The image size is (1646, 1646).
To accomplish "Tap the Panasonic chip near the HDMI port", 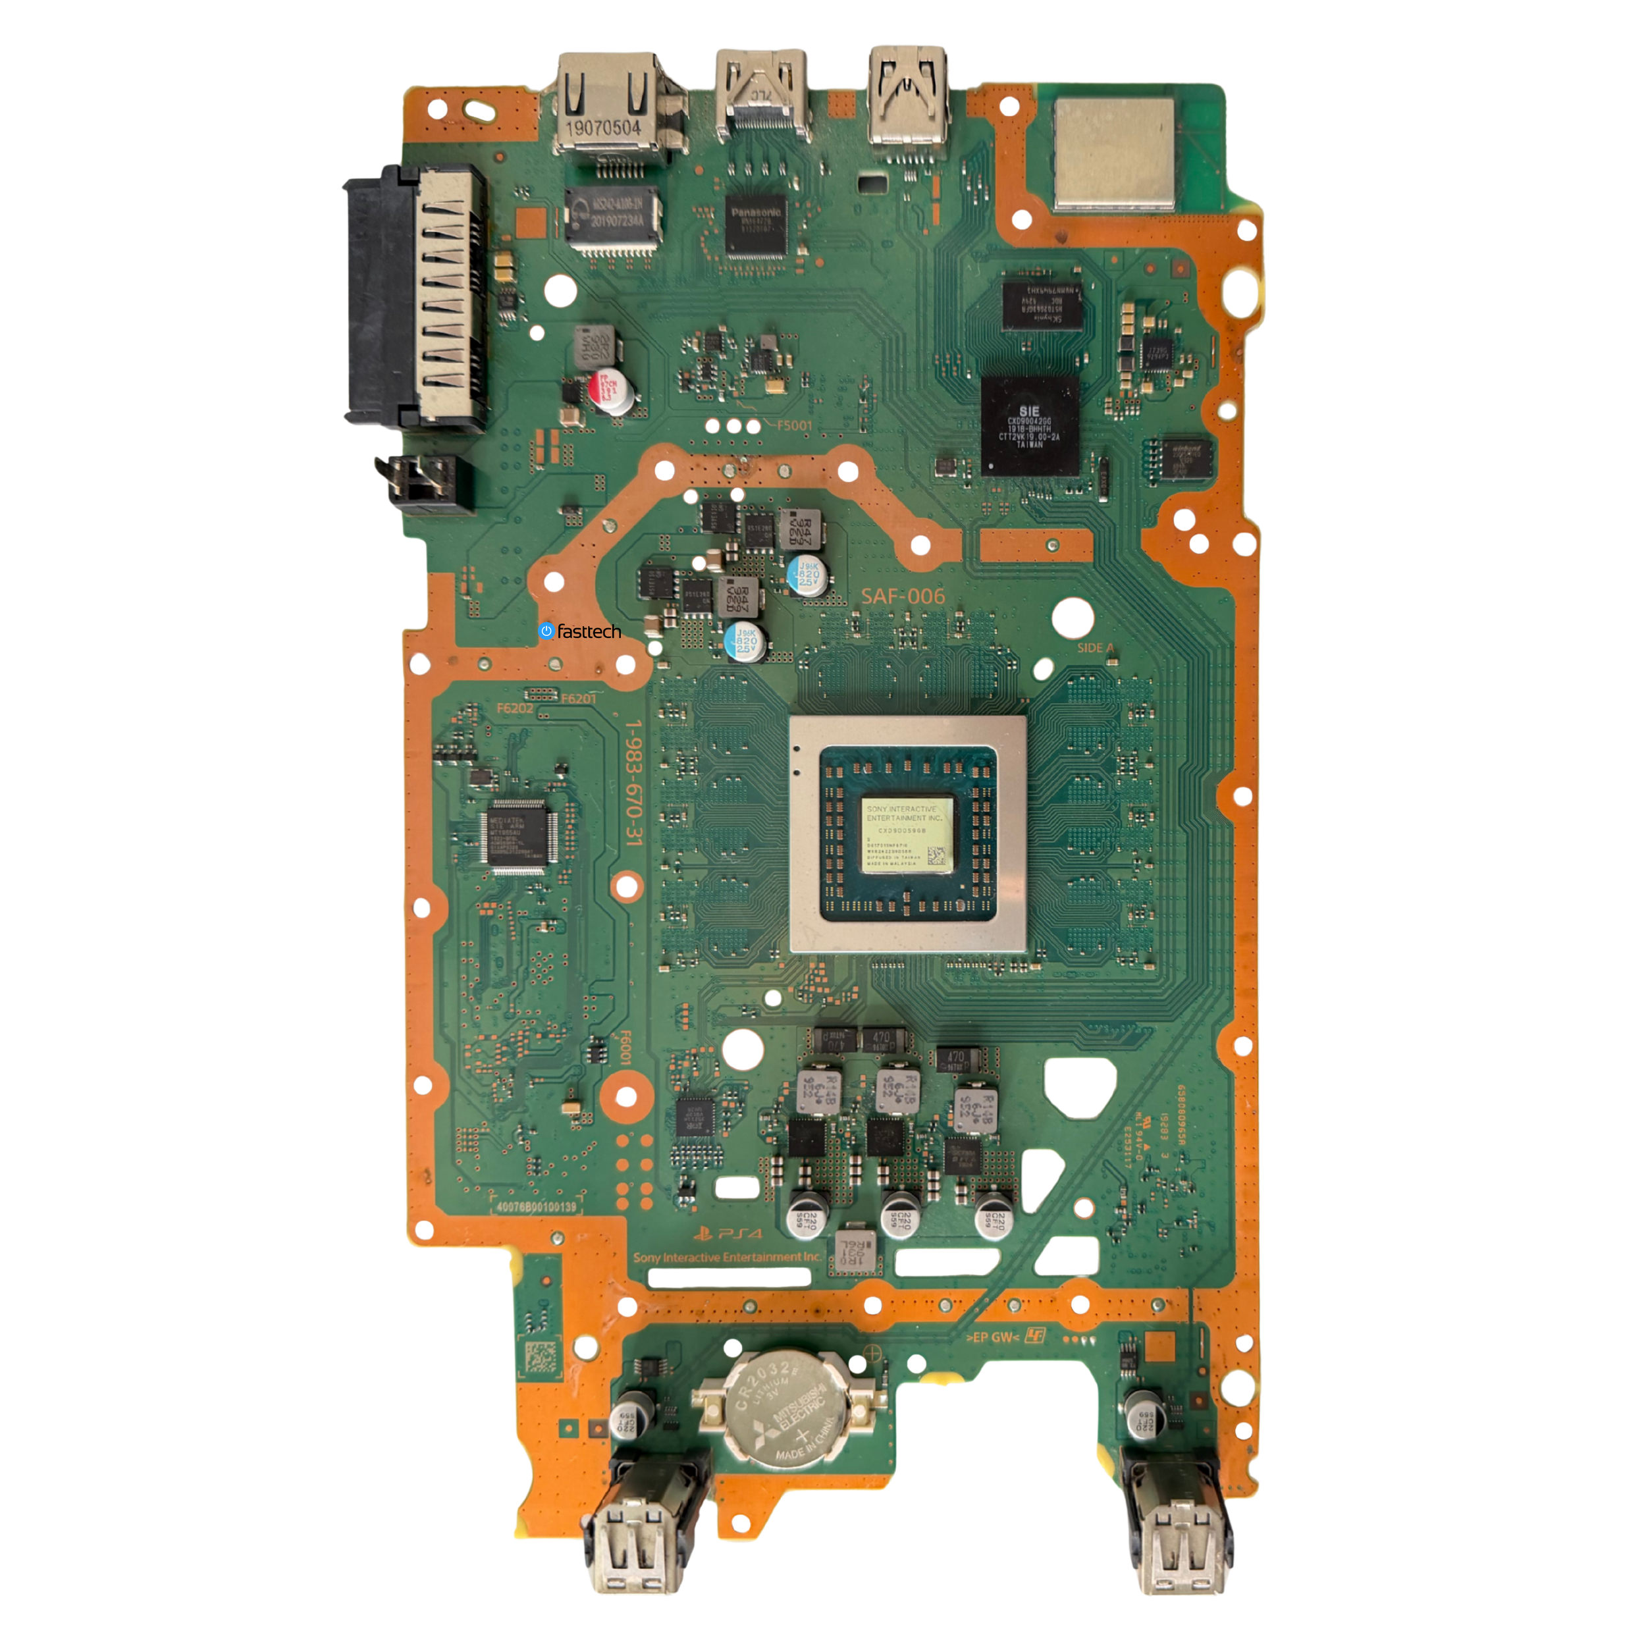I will point(757,224).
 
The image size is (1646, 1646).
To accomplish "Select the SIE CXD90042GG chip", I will point(1029,426).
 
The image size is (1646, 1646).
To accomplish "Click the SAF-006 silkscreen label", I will point(903,597).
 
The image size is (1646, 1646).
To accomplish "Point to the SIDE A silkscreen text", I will point(1095,647).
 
